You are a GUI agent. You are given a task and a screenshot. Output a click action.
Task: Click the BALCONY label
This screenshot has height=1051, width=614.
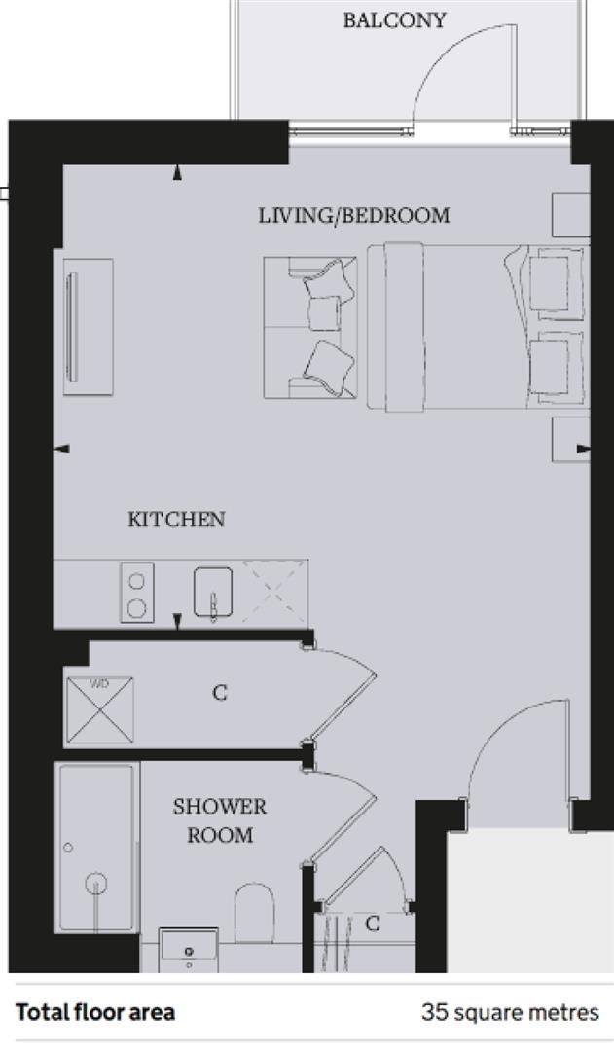(x=394, y=20)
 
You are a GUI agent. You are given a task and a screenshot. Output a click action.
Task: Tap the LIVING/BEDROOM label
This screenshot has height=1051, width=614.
(x=354, y=215)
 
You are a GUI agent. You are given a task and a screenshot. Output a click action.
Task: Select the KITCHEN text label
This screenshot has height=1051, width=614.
(x=176, y=520)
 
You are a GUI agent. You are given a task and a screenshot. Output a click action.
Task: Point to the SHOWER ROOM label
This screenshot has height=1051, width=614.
(x=220, y=820)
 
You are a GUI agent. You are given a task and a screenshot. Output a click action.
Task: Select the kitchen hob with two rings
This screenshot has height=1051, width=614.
(x=137, y=594)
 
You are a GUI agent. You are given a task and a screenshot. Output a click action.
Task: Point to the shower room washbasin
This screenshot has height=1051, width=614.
(x=188, y=949)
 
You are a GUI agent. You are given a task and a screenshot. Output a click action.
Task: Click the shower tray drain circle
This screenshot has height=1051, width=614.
(x=95, y=884)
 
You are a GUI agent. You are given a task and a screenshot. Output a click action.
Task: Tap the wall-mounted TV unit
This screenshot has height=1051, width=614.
(x=89, y=326)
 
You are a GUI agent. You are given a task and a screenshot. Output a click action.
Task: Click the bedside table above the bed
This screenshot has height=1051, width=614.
(x=570, y=214)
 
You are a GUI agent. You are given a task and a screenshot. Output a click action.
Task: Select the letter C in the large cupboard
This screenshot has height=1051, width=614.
(x=220, y=693)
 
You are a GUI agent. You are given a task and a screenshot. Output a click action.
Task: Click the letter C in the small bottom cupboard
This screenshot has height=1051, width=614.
(x=372, y=924)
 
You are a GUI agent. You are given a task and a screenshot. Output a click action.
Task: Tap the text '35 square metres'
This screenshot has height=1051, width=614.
(x=510, y=1012)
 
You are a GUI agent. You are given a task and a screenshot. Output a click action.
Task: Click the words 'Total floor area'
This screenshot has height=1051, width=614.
(x=95, y=1012)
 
